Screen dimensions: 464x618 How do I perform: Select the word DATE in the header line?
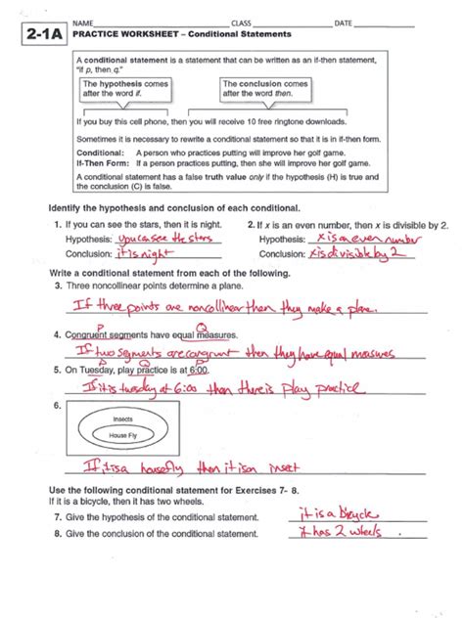344,22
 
